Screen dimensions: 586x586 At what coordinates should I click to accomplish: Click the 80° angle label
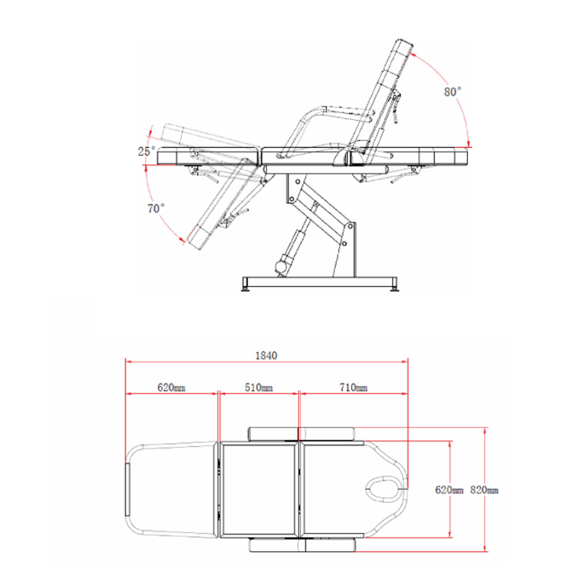point(453,91)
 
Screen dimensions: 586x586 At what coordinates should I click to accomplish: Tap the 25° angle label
point(147,151)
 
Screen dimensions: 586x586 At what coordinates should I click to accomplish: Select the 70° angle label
point(156,209)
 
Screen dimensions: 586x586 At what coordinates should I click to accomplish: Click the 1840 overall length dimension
point(267,356)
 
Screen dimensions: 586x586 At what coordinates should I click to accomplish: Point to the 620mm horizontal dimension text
point(171,387)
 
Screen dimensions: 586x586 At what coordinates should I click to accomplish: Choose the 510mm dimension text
point(259,387)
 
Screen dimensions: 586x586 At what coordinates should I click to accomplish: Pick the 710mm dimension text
point(354,387)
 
